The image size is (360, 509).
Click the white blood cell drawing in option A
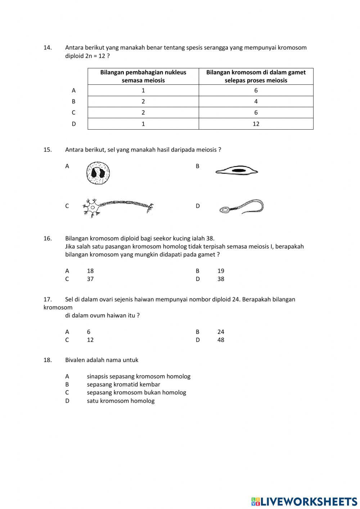(98, 173)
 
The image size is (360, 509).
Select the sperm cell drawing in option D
(241, 207)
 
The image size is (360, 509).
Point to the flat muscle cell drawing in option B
(237, 171)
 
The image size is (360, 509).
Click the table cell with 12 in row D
(256, 124)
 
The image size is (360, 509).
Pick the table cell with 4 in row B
(256, 102)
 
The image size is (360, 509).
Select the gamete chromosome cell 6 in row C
(256, 113)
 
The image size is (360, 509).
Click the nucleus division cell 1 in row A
(143, 90)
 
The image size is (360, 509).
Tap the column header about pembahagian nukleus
(143, 76)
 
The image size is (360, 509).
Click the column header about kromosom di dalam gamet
(256, 76)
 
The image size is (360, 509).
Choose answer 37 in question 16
(90, 279)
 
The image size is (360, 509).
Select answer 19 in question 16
(221, 271)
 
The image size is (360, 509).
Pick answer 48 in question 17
(221, 340)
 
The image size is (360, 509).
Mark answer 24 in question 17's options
(221, 332)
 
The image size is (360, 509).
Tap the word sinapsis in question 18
(97, 376)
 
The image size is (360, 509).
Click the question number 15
(48, 150)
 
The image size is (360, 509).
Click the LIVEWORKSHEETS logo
(304, 501)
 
